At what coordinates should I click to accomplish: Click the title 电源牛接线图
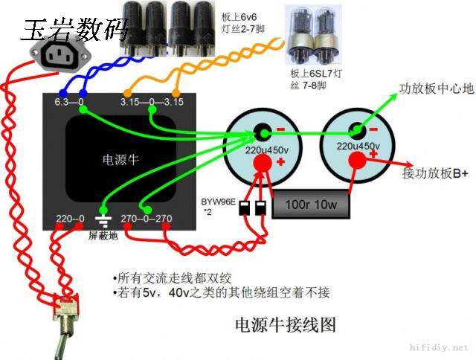point(286,324)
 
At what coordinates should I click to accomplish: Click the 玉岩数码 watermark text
point(75,29)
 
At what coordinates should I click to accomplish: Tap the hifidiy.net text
point(440,347)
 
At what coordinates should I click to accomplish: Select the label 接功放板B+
point(435,173)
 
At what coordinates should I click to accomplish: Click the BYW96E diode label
point(218,202)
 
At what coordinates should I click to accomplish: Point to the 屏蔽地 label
point(103,236)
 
